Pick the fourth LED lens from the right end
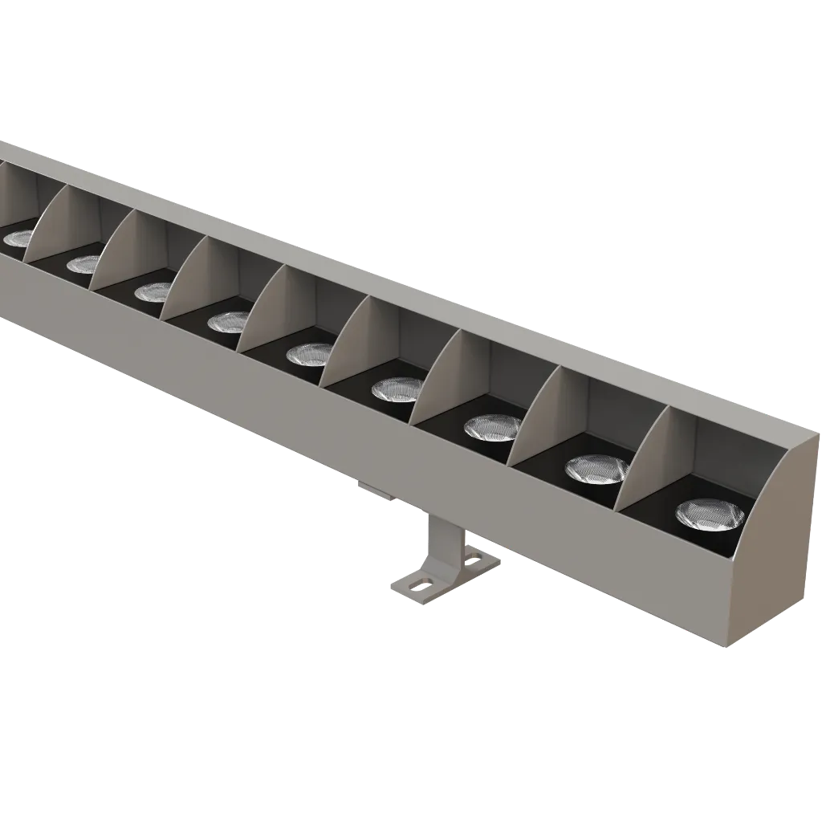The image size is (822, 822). coord(397,389)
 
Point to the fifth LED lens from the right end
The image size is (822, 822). coord(310,353)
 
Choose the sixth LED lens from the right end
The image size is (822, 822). coord(228,322)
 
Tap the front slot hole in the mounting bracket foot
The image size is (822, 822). coord(418,584)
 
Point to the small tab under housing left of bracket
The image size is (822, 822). coord(374,490)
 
